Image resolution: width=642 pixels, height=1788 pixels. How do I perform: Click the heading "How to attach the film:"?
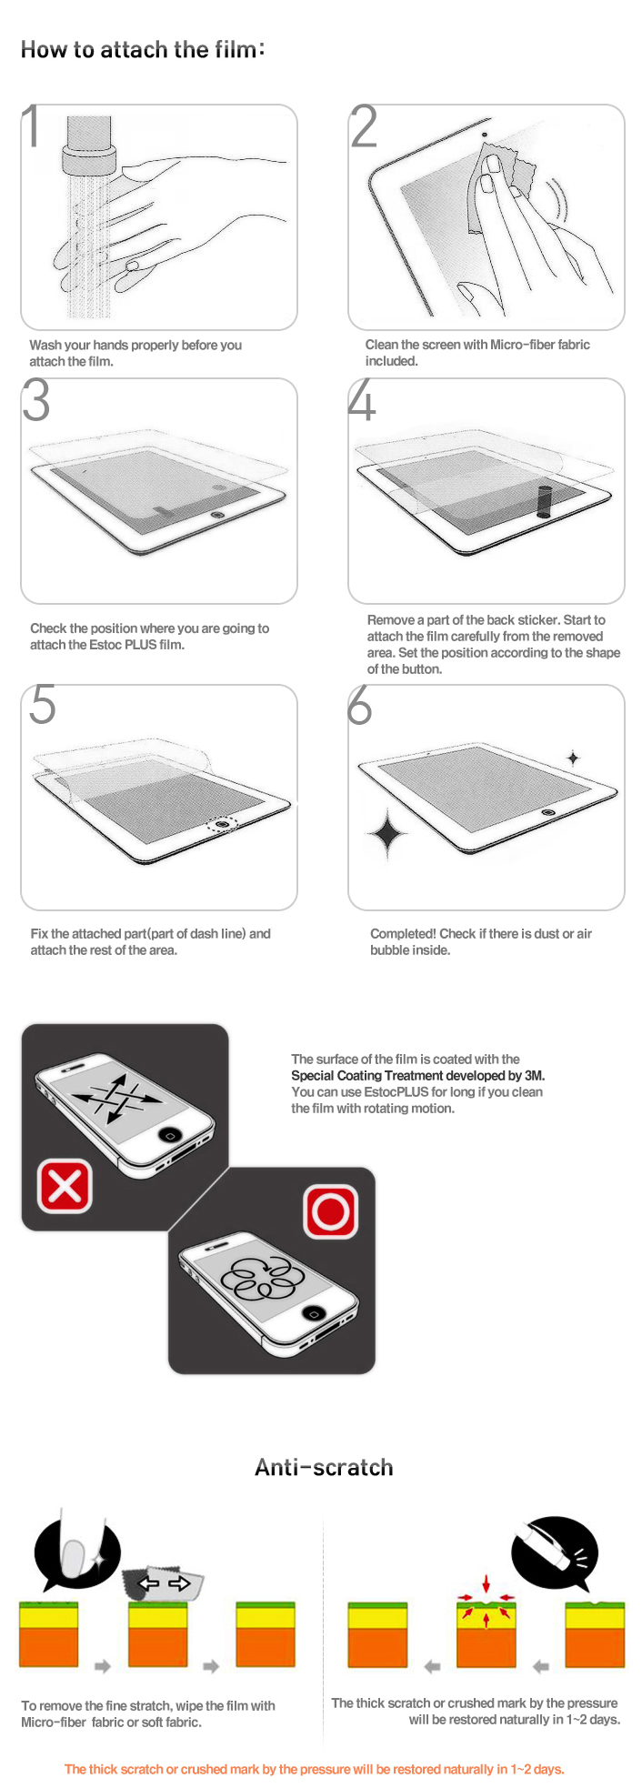coord(143,49)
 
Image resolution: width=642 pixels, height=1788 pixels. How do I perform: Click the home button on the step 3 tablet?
coord(216,515)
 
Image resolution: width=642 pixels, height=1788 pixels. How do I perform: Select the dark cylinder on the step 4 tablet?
coord(545,501)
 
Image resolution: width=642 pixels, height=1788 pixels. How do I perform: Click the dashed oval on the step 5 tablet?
coord(222,824)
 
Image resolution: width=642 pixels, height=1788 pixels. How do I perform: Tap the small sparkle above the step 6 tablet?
coord(573,757)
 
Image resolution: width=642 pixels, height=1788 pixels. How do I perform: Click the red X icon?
coord(65,1186)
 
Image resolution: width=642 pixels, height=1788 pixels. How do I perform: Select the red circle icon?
coord(330,1210)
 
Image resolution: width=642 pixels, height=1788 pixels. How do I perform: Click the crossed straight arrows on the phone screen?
coord(115,1098)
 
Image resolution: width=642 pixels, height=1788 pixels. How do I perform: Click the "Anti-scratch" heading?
coord(324,1467)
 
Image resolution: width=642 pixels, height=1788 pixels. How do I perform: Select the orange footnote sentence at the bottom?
coord(315,1769)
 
